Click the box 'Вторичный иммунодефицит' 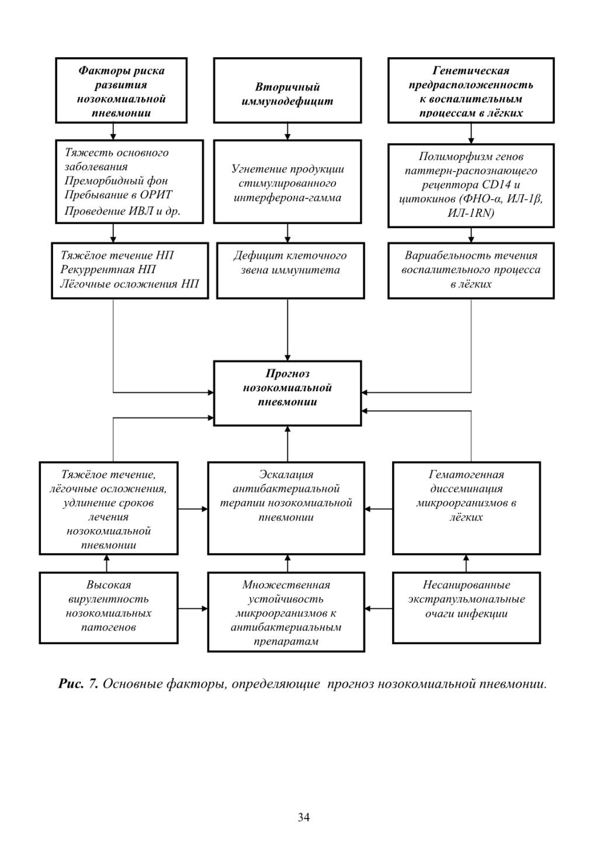click(287, 90)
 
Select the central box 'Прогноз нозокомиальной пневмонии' click(287, 393)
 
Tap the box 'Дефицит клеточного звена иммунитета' click(290, 270)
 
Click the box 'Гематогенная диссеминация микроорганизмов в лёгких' click(466, 508)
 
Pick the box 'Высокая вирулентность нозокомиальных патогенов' click(109, 607)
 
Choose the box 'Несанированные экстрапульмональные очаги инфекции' click(466, 607)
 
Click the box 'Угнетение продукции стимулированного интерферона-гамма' click(287, 181)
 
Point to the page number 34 click(304, 817)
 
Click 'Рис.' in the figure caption click(71, 684)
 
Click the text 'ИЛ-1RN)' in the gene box click(471, 213)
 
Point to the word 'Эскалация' click(286, 475)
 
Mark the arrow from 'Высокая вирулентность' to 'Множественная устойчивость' click(193, 608)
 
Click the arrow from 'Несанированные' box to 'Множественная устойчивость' click(378, 608)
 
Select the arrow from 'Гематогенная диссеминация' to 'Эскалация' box click(378, 509)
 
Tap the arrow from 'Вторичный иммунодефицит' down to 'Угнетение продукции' click(287, 132)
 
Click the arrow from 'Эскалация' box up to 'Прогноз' click(287, 444)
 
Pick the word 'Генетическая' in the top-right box click(471, 71)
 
